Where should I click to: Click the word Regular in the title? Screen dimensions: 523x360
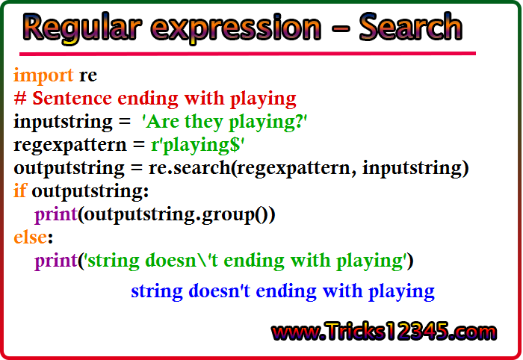click(82, 28)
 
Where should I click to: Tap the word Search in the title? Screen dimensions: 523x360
click(411, 26)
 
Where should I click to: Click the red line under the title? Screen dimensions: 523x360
click(247, 53)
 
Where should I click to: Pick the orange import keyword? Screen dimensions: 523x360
click(43, 75)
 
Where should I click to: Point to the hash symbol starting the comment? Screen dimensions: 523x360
click(19, 99)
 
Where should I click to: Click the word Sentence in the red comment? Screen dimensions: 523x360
click(72, 99)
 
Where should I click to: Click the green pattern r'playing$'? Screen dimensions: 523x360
click(197, 146)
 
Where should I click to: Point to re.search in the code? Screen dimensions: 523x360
click(190, 167)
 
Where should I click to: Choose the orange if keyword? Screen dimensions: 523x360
click(19, 190)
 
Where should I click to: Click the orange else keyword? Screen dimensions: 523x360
click(30, 237)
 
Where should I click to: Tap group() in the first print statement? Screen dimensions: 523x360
click(238, 215)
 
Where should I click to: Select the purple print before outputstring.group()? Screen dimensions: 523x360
click(56, 215)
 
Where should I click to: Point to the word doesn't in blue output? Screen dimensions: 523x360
click(219, 291)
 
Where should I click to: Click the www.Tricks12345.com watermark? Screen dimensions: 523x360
click(384, 332)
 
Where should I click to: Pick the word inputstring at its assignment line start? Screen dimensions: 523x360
click(63, 122)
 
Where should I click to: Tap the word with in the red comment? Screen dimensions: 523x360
click(204, 99)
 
